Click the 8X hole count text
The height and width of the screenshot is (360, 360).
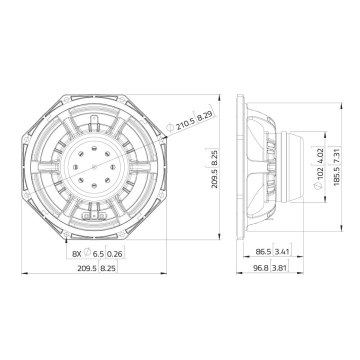pyautogui.click(x=76, y=253)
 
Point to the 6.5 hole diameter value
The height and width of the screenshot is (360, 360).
pyautogui.click(x=98, y=253)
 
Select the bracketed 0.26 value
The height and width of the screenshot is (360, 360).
pyautogui.click(x=115, y=253)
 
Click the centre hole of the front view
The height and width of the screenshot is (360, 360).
pyautogui.click(x=95, y=167)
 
